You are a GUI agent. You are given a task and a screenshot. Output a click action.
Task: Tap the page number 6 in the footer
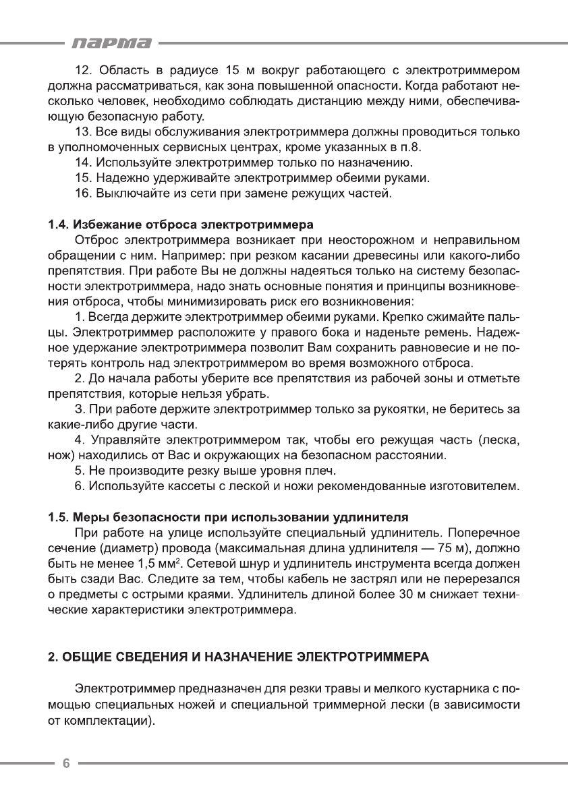pyautogui.click(x=66, y=763)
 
